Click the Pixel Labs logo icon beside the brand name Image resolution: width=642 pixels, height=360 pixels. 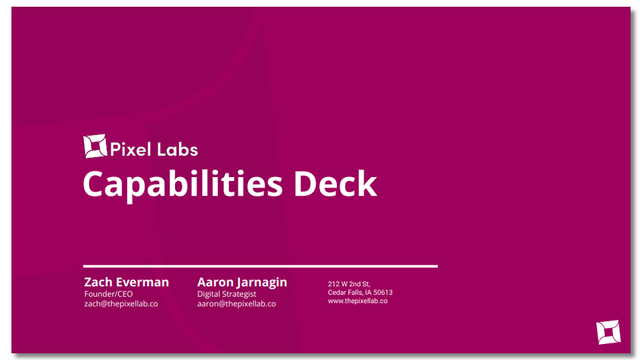(x=95, y=146)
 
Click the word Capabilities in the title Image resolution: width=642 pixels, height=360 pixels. (x=182, y=185)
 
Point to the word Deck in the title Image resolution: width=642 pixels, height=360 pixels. (x=335, y=184)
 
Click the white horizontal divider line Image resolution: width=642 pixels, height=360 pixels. (x=260, y=266)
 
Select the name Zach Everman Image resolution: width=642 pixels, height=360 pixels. (x=127, y=282)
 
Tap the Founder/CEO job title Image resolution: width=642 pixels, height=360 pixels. (x=109, y=294)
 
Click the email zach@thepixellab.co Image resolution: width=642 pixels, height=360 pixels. (x=121, y=304)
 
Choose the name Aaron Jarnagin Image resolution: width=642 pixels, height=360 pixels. (x=242, y=282)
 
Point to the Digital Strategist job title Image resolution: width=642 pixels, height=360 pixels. (x=227, y=294)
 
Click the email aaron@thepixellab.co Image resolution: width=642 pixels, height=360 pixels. (x=237, y=304)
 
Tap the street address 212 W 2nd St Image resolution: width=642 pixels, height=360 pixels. (x=349, y=284)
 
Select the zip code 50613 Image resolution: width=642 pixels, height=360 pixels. (x=383, y=292)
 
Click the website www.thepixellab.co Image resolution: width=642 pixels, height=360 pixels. (x=358, y=301)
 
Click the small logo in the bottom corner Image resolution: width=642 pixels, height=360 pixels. (x=608, y=332)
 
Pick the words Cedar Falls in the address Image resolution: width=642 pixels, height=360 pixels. (x=344, y=292)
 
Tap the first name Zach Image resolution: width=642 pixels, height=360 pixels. (x=98, y=282)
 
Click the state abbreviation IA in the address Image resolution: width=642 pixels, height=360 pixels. (x=368, y=292)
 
